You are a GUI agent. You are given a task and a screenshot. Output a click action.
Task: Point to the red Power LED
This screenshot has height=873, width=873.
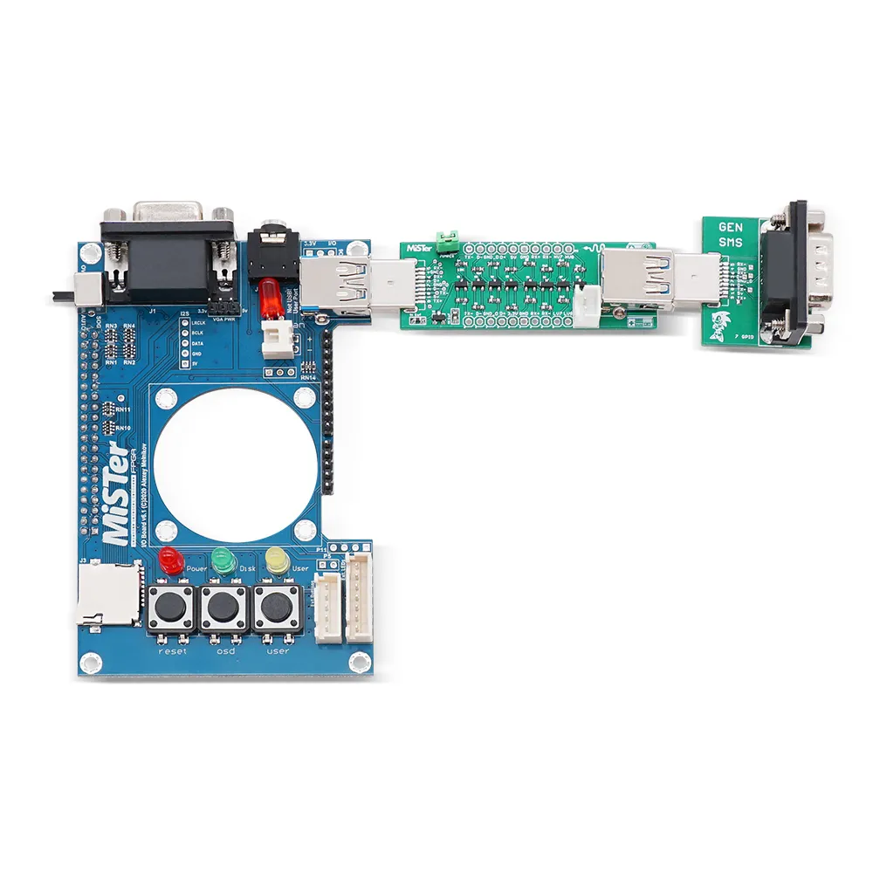point(171,560)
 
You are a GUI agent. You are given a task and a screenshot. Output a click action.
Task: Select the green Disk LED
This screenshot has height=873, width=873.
point(223,560)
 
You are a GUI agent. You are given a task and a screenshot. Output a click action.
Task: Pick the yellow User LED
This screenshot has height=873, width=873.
point(277,560)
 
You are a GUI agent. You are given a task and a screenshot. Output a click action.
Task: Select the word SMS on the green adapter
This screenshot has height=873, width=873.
point(731,244)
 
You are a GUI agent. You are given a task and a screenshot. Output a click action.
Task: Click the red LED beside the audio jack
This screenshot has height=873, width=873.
point(271,297)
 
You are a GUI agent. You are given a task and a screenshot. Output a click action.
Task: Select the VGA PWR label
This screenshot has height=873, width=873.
point(216,320)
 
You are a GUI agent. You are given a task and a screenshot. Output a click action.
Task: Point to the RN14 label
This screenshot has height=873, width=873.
point(308,378)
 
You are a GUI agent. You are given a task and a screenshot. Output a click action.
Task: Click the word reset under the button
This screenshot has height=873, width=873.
point(172,651)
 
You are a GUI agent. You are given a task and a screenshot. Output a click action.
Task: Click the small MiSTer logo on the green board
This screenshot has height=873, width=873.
point(419,249)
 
